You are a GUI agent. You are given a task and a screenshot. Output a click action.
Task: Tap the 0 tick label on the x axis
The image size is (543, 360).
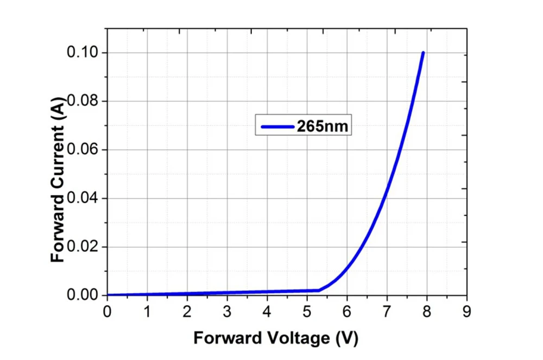[107, 312]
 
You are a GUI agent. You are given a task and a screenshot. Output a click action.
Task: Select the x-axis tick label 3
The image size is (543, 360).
[227, 312]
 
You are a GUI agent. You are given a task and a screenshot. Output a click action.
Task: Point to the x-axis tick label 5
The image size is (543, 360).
[307, 312]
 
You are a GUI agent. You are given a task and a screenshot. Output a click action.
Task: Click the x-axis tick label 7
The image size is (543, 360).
[387, 312]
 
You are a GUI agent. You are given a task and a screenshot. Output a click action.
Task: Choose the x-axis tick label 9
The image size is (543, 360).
[466, 312]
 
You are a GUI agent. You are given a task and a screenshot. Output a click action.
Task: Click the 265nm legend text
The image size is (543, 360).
[322, 126]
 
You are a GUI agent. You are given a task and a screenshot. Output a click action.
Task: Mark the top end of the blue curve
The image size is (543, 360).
[423, 53]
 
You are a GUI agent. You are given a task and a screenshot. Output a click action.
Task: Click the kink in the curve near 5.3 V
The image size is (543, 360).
[319, 290]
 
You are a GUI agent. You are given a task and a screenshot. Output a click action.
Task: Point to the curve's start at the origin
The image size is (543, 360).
[108, 295]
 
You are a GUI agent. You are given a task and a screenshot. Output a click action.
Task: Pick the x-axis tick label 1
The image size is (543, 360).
[147, 312]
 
